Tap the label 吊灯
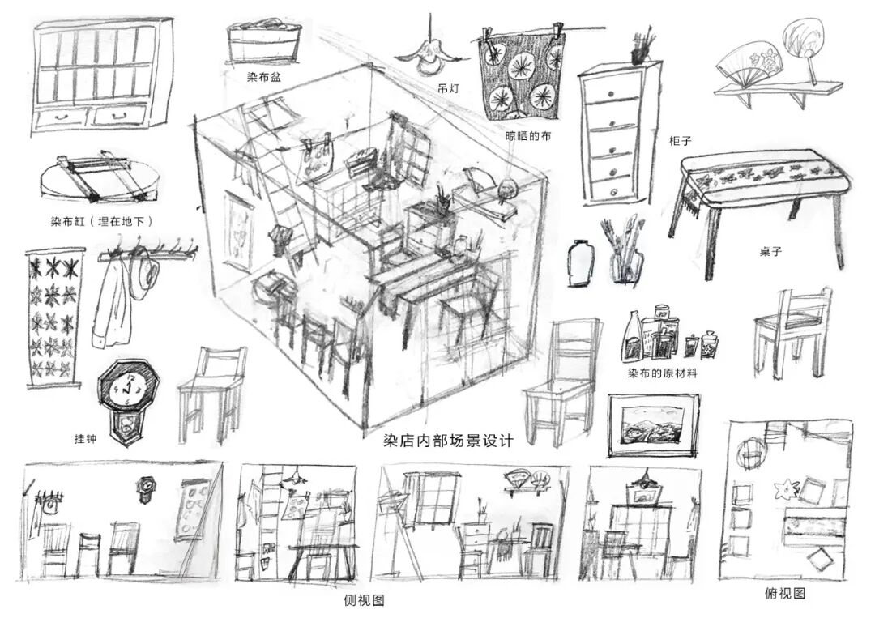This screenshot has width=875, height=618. click(446, 88)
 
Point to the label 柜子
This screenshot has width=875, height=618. click(679, 140)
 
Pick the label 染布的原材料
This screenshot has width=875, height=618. click(662, 373)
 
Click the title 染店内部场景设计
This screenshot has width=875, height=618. click(449, 441)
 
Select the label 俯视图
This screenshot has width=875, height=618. click(785, 594)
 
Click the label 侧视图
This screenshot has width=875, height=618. click(364, 600)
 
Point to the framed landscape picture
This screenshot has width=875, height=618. click(653, 420)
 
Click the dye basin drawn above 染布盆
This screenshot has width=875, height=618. click(264, 43)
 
